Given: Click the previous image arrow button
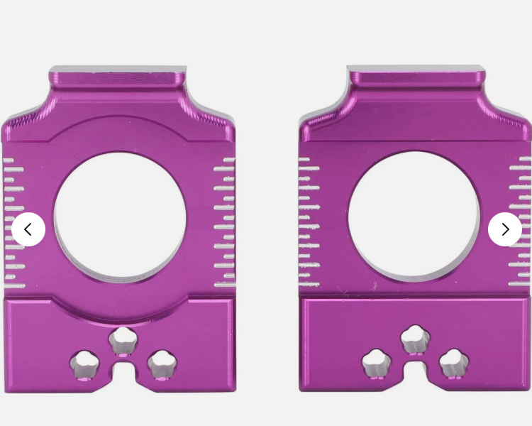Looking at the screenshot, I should pyautogui.click(x=28, y=229).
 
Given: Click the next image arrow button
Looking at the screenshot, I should pyautogui.click(x=505, y=229).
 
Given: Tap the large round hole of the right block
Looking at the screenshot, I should pyautogui.click(x=414, y=215).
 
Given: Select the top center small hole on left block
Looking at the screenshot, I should pyautogui.click(x=123, y=339).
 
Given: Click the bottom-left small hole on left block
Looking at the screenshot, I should pyautogui.click(x=84, y=364).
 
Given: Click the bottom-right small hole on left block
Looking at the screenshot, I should pyautogui.click(x=162, y=364).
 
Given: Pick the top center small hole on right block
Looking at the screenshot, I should pyautogui.click(x=415, y=338).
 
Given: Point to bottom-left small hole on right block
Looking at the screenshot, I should pyautogui.click(x=377, y=364).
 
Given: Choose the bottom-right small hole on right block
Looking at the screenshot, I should pyautogui.click(x=454, y=364).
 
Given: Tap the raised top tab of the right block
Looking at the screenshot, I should pyautogui.click(x=416, y=77).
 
